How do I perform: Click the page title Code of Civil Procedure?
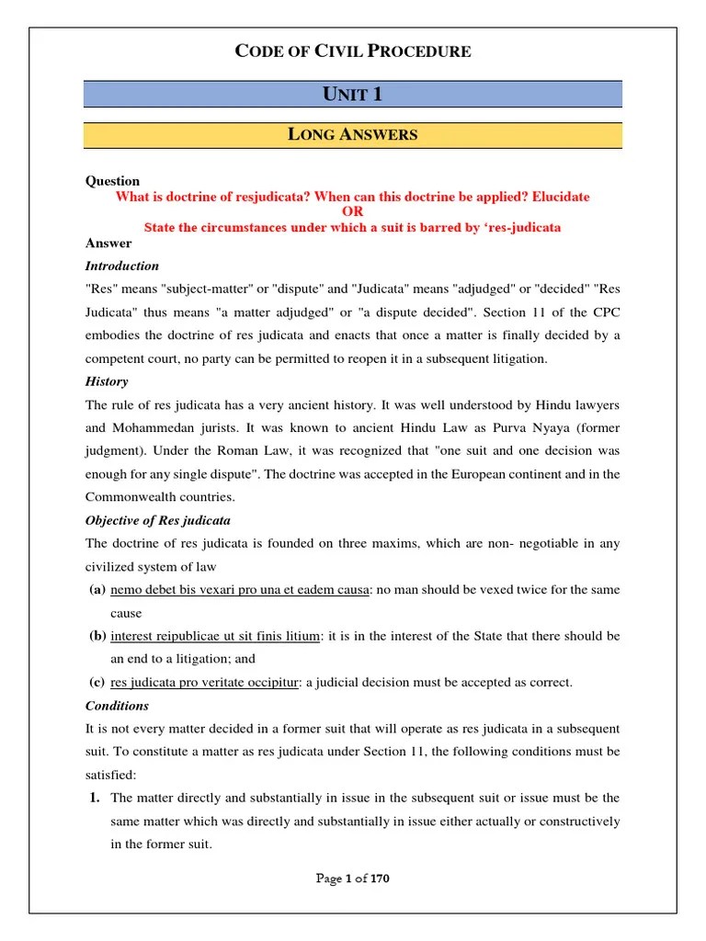pos(353,51)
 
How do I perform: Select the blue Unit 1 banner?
pos(353,94)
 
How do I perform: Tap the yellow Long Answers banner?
pos(353,135)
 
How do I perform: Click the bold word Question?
pos(112,181)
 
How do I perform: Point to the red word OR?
pos(353,211)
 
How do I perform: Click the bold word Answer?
pos(108,244)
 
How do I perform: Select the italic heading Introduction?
pos(122,266)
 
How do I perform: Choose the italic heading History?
pos(107,381)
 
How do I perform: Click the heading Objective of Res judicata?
pos(158,520)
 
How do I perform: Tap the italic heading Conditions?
pos(117,706)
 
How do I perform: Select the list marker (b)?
pos(97,636)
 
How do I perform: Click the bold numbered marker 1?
pos(95,798)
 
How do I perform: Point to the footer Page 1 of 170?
pos(353,879)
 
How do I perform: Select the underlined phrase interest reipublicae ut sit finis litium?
pos(215,636)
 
